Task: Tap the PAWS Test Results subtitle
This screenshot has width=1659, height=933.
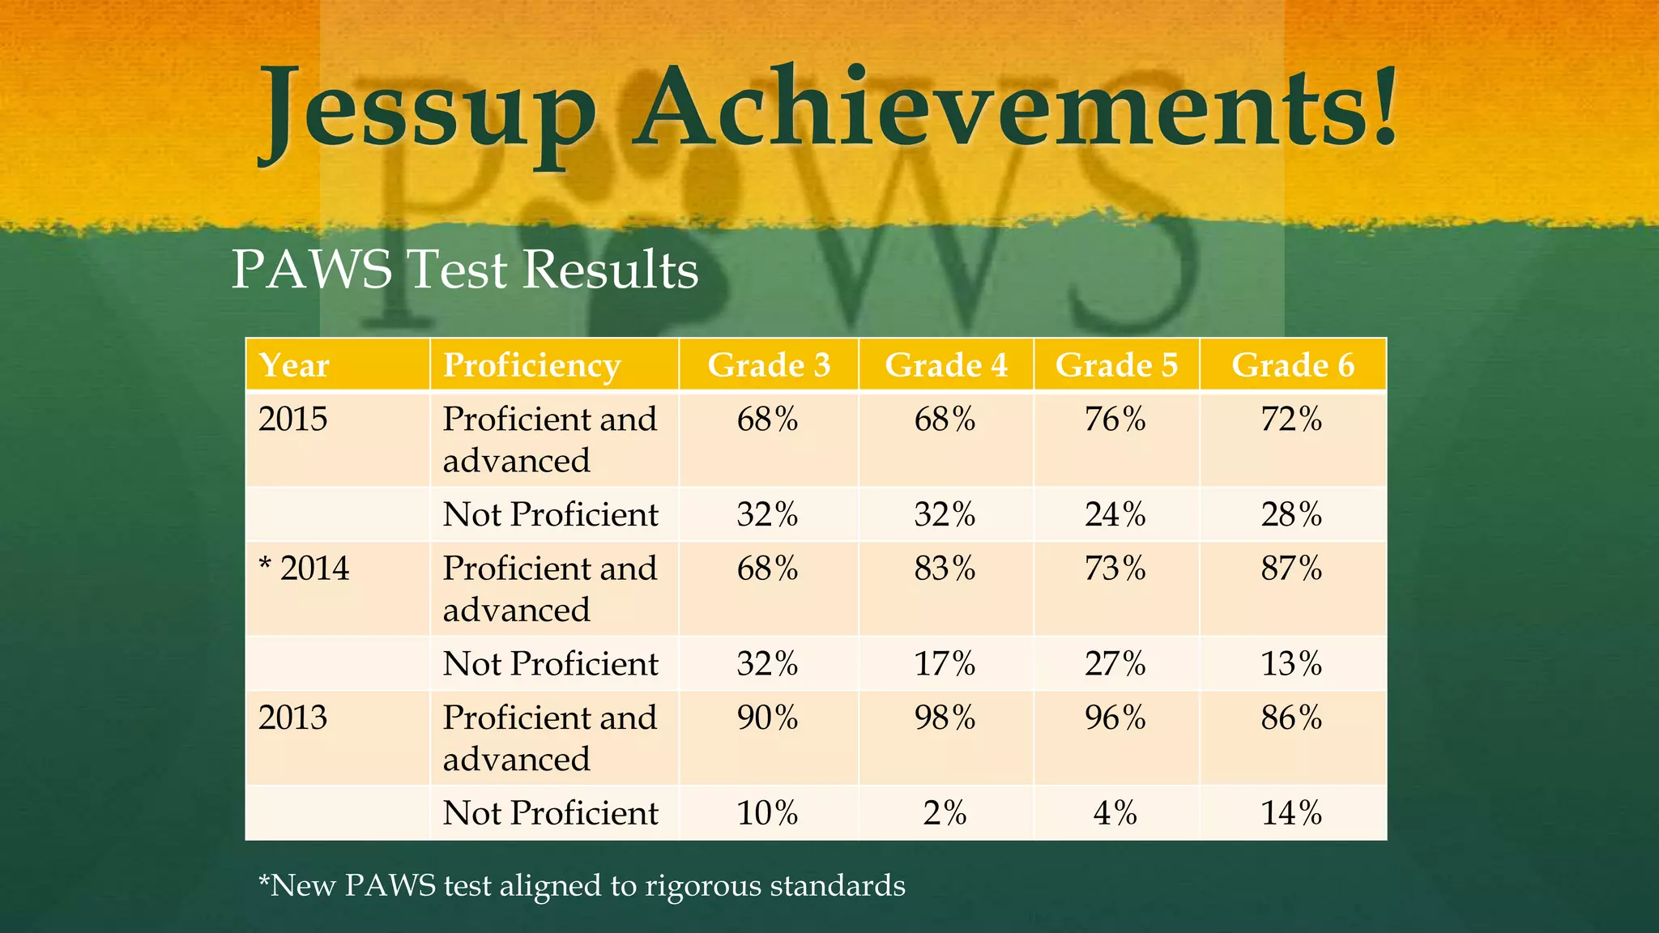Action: [x=465, y=269]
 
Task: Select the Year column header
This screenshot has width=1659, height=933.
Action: [x=294, y=365]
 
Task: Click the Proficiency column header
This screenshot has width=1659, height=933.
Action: [x=531, y=365]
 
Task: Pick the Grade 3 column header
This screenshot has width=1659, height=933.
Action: [x=769, y=365]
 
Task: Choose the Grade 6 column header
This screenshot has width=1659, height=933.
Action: [x=1293, y=365]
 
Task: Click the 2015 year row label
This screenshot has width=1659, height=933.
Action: [x=293, y=420]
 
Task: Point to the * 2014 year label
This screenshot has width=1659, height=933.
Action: [x=304, y=569]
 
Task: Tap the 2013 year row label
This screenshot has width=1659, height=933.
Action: [x=293, y=718]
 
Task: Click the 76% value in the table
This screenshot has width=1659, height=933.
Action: [x=1115, y=420]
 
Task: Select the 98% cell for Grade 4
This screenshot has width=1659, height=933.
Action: [x=945, y=718]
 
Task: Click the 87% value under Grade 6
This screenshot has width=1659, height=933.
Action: [x=1291, y=569]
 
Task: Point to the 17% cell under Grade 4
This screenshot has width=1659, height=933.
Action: [x=945, y=664]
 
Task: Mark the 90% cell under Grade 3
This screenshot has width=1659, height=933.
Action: [x=767, y=718]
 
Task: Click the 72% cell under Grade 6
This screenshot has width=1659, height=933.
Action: [x=1291, y=420]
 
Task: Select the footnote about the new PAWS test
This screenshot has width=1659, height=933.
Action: [x=582, y=885]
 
